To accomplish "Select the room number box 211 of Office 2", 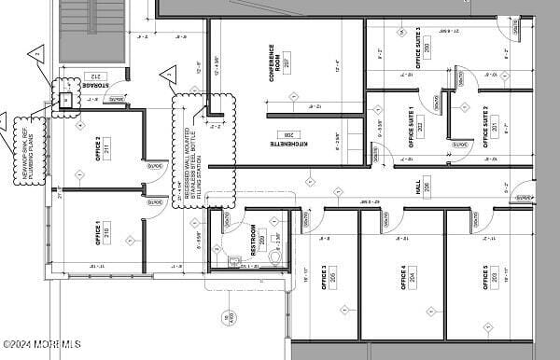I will click(107, 147).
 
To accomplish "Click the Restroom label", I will click(252, 240).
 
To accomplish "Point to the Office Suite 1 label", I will click(411, 127).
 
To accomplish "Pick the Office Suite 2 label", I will click(486, 127).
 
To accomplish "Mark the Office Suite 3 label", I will click(417, 47).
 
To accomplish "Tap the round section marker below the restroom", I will click(228, 318).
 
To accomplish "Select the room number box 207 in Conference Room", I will click(286, 65).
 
